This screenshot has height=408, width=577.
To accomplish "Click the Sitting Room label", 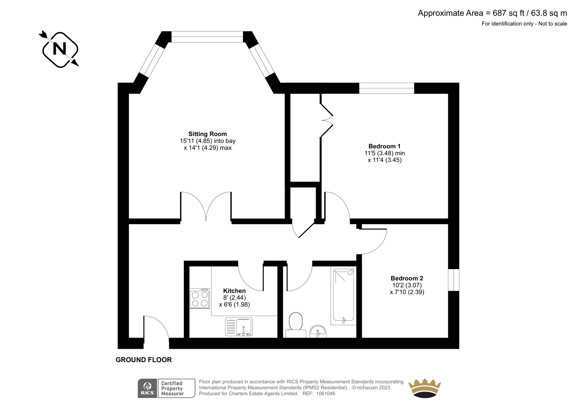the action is pos(208,134).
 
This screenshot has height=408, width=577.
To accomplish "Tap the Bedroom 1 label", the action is pos(384,146).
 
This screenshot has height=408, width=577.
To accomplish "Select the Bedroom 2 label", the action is pos(407,278).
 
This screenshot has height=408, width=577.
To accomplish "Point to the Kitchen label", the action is pos(234,291).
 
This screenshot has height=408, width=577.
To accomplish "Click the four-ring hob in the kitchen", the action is pos(200,298).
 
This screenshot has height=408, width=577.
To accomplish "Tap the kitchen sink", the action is pos(239,327).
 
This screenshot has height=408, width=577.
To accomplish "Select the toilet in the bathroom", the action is pos(296,325).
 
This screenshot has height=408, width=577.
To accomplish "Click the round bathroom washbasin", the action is pos(318,332).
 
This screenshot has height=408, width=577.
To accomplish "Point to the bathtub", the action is pos(343,297).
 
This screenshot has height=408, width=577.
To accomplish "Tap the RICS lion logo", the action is pos(147,388).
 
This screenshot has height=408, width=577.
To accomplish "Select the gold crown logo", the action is pos(425,388).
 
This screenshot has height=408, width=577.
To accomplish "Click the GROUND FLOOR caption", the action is pos(144,360).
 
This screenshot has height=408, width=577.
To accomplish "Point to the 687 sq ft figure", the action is pos(509,13).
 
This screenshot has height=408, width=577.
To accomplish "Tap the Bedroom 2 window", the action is pos(454,280).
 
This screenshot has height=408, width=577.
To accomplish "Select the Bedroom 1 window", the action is pos(387,88).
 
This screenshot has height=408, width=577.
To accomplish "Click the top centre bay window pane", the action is pos(207,37).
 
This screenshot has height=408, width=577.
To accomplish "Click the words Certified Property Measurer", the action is pos(172,389).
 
